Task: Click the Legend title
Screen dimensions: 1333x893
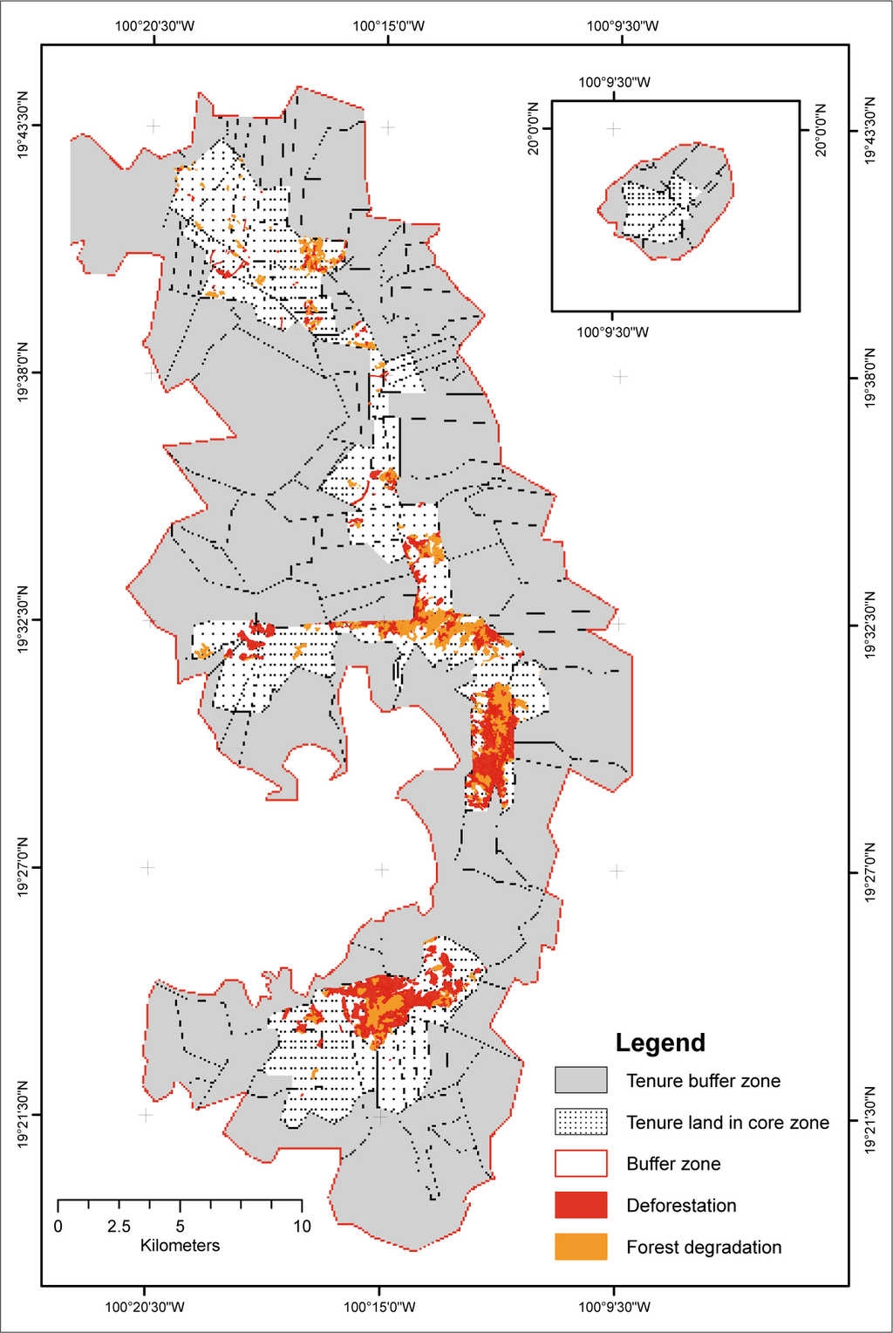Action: click(x=659, y=1042)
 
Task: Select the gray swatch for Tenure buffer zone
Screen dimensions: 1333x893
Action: click(x=581, y=1080)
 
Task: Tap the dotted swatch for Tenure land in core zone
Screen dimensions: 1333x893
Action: click(x=581, y=1122)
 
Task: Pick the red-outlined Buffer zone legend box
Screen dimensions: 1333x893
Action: click(x=581, y=1164)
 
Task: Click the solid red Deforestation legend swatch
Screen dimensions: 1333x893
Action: click(x=581, y=1206)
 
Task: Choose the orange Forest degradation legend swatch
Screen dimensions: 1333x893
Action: click(x=581, y=1248)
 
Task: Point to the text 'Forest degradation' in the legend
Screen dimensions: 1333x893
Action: click(x=703, y=1248)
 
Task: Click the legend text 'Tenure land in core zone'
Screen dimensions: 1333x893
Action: click(x=727, y=1123)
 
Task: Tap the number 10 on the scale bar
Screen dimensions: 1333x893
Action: click(x=302, y=1227)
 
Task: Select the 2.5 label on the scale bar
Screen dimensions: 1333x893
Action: click(x=119, y=1227)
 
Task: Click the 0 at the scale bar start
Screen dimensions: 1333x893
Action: click(x=58, y=1227)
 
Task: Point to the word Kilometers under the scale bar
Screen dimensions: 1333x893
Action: click(x=180, y=1246)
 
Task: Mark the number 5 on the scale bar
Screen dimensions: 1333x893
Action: click(x=181, y=1227)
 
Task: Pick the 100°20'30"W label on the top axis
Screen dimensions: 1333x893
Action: click(x=154, y=25)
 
